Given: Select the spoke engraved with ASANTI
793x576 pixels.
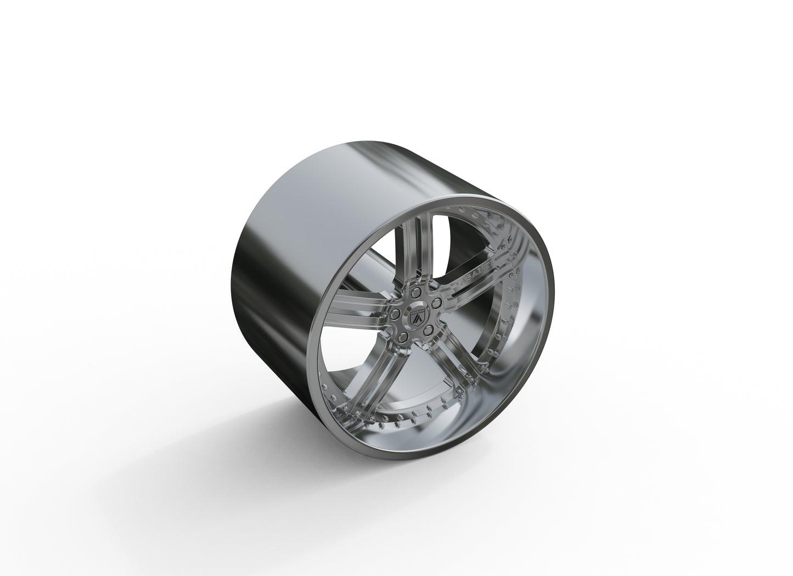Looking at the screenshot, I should (472, 275).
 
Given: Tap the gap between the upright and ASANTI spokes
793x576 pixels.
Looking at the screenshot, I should (450, 242).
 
